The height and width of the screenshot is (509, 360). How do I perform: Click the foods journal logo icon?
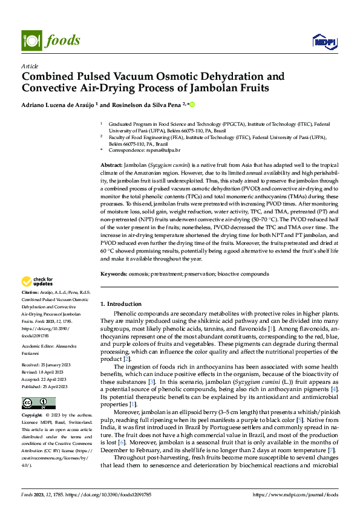point(31,40)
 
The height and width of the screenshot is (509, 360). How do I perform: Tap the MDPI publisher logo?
point(324,41)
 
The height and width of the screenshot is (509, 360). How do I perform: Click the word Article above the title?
point(30,66)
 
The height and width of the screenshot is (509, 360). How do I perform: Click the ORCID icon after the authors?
point(192,105)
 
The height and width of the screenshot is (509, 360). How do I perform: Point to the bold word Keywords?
point(113,274)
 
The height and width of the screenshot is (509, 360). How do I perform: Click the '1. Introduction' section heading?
point(120,304)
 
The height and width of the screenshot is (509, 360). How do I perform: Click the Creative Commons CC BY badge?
point(39,403)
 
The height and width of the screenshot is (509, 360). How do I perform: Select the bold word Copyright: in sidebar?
point(33,417)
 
